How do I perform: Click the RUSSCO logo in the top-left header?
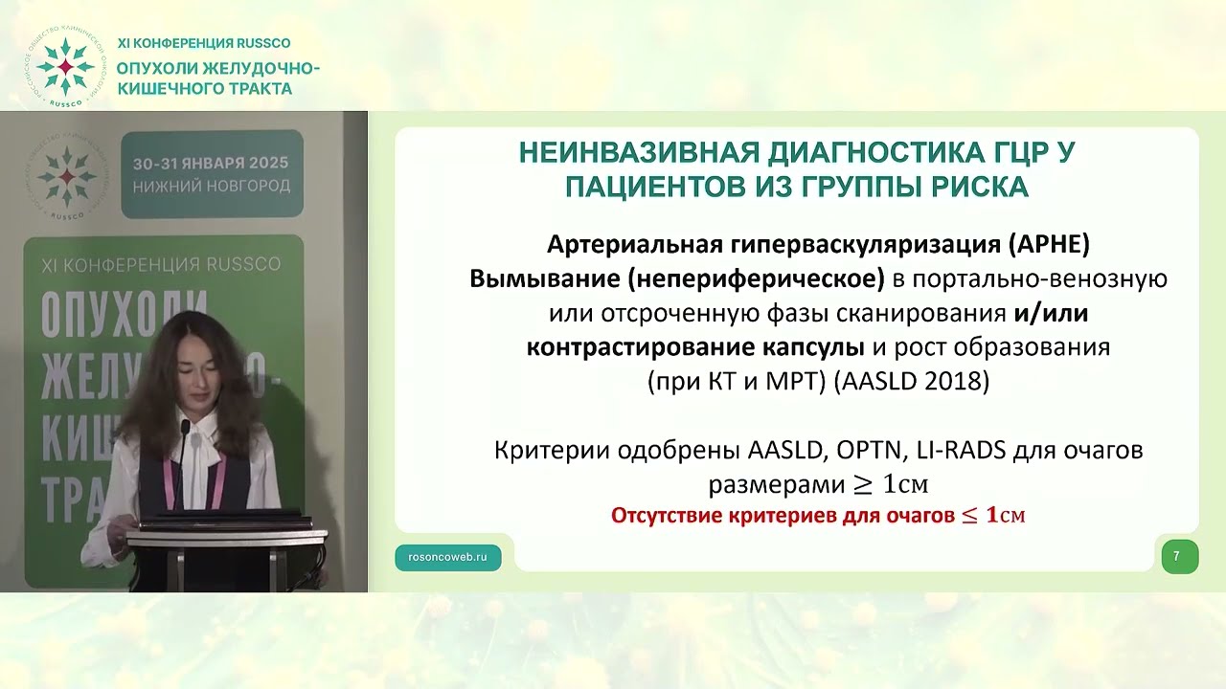[64, 68]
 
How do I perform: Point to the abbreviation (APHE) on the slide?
[1049, 244]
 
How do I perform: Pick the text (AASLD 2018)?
[910, 381]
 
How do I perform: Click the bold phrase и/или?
[1052, 313]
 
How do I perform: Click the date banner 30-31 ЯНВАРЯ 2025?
[212, 164]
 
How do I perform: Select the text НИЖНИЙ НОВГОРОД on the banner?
[212, 186]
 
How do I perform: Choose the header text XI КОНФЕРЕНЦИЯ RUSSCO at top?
[203, 43]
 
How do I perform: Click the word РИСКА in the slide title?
[979, 186]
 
